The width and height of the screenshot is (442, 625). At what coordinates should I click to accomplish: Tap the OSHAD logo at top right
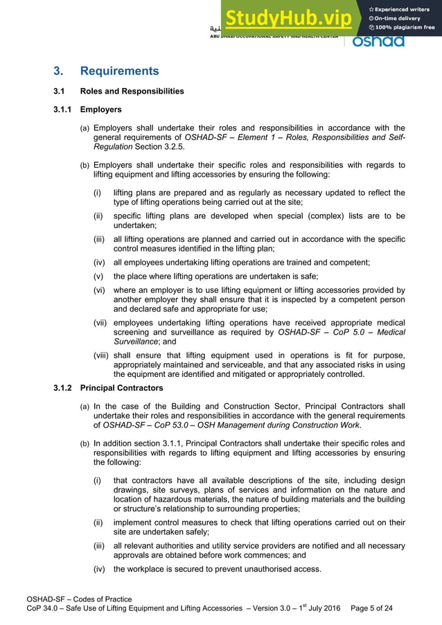378,42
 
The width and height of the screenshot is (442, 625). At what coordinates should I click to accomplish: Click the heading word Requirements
119,71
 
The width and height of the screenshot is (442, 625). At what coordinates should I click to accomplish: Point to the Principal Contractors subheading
121,387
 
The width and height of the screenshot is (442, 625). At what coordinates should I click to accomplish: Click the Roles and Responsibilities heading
132,91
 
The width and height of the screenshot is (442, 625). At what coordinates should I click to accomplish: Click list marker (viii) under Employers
101,355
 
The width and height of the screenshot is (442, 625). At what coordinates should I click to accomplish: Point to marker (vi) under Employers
100,290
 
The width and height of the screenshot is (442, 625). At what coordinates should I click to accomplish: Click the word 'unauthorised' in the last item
260,569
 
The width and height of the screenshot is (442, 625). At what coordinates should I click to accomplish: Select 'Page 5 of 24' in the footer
372,608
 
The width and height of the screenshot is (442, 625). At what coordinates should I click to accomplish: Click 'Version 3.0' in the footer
267,608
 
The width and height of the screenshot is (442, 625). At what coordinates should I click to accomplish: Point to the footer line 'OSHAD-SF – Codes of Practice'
78,599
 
